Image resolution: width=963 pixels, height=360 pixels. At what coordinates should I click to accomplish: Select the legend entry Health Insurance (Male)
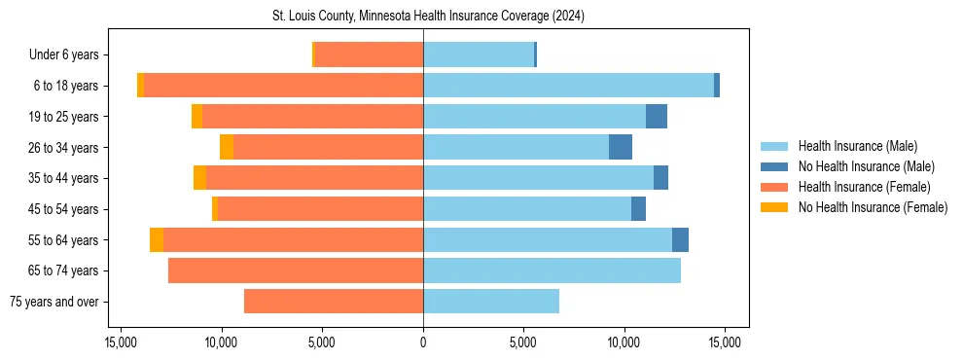(857, 146)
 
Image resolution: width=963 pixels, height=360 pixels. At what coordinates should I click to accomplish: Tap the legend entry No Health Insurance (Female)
(873, 207)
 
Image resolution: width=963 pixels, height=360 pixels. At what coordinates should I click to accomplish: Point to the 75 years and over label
(53, 302)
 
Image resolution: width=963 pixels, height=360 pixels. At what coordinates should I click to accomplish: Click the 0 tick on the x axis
(423, 342)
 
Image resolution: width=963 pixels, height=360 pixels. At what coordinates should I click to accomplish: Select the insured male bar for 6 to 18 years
(568, 86)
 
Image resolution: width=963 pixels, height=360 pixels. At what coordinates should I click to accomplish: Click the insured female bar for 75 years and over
(334, 302)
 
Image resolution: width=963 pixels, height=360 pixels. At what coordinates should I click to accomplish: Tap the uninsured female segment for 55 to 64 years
(157, 239)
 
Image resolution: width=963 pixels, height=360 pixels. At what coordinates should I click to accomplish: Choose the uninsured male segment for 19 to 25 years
(657, 117)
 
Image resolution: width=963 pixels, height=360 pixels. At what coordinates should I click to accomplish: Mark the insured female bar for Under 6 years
(369, 54)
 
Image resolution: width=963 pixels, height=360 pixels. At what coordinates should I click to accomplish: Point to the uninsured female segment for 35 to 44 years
(199, 178)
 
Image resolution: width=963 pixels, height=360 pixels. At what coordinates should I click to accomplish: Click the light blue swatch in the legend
(774, 146)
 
